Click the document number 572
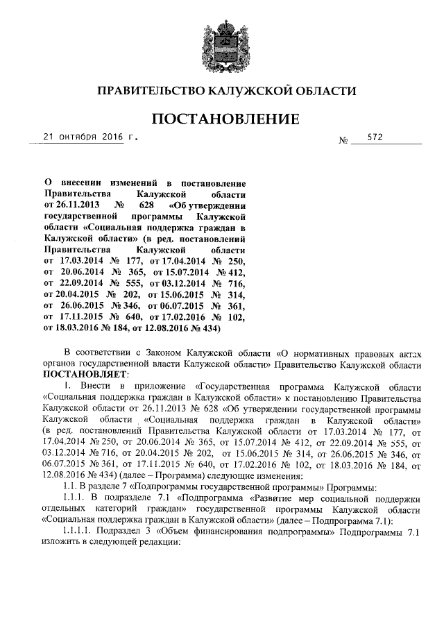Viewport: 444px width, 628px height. click(375, 137)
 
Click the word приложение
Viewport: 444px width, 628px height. click(158, 386)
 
